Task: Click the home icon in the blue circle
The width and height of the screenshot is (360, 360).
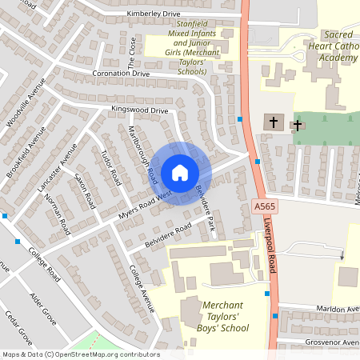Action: tap(179, 173)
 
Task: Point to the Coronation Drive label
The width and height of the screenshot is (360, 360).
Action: tap(121, 74)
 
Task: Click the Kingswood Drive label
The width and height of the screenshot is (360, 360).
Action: tap(140, 110)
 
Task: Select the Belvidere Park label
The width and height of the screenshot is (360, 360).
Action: tap(205, 209)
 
